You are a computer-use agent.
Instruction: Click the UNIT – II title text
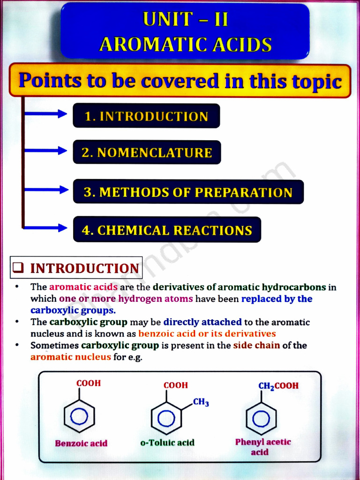tap(186, 20)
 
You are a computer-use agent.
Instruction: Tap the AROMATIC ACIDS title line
tap(186, 45)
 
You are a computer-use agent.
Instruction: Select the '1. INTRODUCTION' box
tap(146, 116)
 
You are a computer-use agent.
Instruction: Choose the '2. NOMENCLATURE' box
tap(147, 152)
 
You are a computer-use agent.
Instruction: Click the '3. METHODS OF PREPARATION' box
tap(188, 192)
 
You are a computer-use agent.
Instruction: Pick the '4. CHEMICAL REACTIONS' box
tap(167, 230)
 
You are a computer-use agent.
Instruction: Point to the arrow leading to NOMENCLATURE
tap(46, 150)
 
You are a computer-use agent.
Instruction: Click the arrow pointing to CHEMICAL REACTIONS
tap(46, 228)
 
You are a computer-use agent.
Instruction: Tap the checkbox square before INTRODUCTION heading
tap(19, 268)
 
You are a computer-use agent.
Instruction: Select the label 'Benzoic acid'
tap(81, 443)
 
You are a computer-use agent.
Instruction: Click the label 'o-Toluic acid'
tap(167, 442)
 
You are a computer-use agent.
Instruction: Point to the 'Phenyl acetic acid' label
tap(262, 447)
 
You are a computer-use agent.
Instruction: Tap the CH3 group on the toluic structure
tap(201, 403)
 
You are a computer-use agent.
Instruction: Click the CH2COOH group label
tap(278, 386)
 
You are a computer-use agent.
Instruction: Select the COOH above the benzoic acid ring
tap(89, 383)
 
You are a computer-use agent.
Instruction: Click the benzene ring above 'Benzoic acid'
tap(79, 415)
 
